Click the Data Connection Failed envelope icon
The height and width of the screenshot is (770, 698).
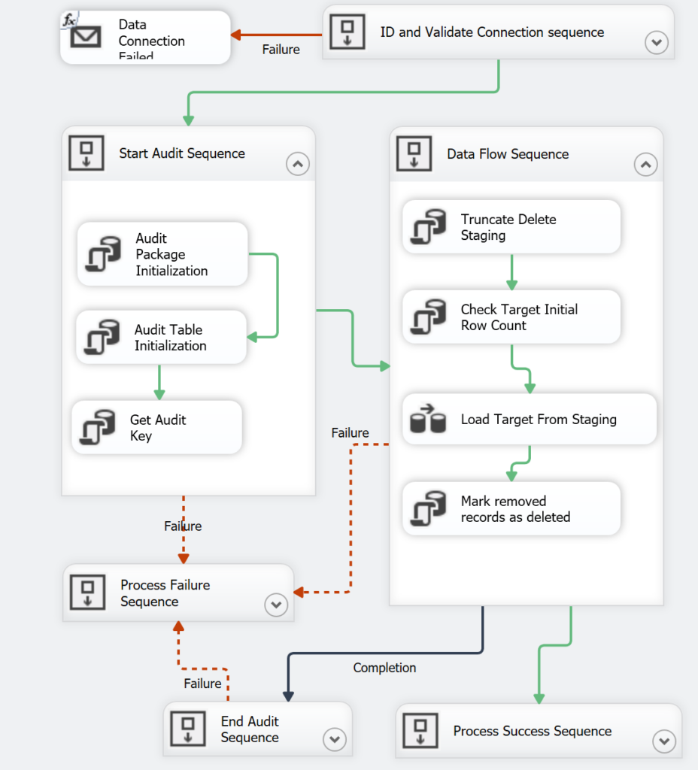point(85,37)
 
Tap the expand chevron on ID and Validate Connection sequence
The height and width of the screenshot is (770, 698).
point(657,43)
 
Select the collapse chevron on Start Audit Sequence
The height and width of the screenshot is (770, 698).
point(298,163)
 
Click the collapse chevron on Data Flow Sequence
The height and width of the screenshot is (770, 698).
point(645,164)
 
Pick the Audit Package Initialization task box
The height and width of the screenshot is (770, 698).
point(162,254)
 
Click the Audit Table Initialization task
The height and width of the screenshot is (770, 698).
point(162,338)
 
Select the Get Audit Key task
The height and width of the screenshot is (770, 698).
point(157,428)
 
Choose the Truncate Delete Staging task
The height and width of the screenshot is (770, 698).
point(511,227)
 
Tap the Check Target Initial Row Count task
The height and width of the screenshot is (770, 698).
point(511,317)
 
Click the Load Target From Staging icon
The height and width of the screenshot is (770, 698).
point(428,420)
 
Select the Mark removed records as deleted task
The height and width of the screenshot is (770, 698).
point(511,509)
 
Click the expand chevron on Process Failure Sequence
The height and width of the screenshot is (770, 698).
point(275,605)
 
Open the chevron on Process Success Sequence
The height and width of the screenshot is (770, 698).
point(663,741)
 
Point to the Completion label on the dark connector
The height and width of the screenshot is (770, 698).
point(384,668)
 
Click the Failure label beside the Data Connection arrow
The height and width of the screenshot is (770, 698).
point(281,50)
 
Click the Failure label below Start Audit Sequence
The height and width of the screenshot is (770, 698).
point(183,526)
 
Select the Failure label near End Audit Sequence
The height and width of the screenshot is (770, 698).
point(202,684)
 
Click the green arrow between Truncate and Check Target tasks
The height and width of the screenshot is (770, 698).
point(511,272)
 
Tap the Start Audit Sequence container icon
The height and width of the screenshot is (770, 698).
point(86,153)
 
